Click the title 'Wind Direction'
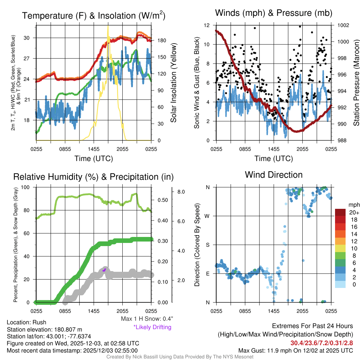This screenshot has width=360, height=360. tap(274, 175)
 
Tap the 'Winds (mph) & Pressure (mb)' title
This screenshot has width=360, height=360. tap(274, 13)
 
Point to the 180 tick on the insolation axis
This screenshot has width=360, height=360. tap(159, 41)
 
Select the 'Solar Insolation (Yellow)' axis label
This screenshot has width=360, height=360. tap(174, 83)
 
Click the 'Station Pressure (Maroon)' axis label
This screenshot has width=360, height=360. tap(356, 83)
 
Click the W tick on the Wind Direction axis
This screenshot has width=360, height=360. tap(208, 216)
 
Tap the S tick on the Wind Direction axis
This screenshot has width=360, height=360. tap(208, 245)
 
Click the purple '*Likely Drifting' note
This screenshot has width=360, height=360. tap(152, 327)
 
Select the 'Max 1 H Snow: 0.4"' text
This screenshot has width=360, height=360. tap(147, 319)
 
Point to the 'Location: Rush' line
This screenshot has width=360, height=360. tap(26, 322)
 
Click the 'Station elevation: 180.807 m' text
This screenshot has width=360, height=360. tap(44, 329)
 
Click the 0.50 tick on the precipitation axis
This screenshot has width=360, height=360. tap(162, 200)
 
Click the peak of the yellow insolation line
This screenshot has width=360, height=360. tap(108, 26)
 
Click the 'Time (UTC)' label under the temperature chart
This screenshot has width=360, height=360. tap(94, 159)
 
